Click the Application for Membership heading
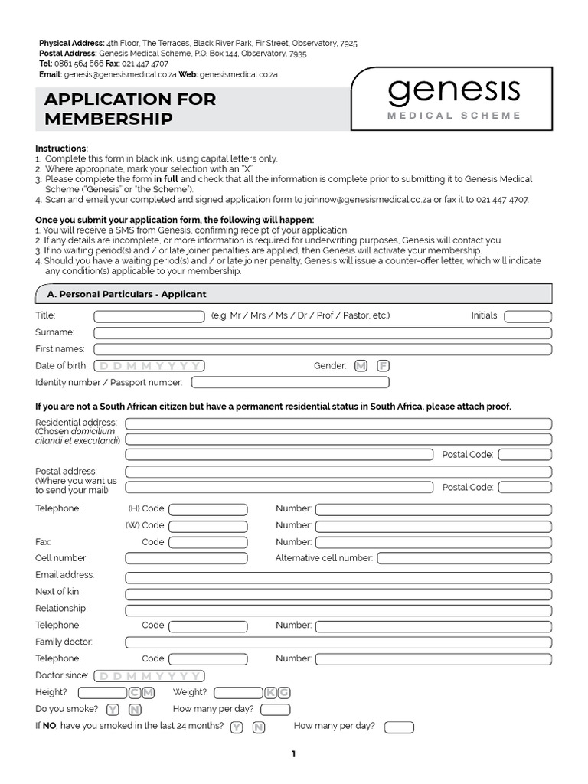click(x=130, y=109)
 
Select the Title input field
click(x=149, y=316)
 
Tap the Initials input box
click(x=528, y=316)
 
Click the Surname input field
click(x=322, y=333)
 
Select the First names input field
click(x=322, y=349)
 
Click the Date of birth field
click(x=149, y=366)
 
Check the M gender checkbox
click(x=361, y=366)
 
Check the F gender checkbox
click(x=383, y=366)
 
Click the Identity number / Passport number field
click(x=290, y=382)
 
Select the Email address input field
click(x=338, y=577)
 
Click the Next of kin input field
click(x=338, y=594)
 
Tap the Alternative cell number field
click(x=463, y=558)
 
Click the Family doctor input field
click(x=338, y=642)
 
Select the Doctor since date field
click(x=149, y=676)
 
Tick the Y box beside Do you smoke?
click(x=113, y=710)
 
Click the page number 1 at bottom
click(x=293, y=754)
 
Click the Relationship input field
click(x=338, y=610)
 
